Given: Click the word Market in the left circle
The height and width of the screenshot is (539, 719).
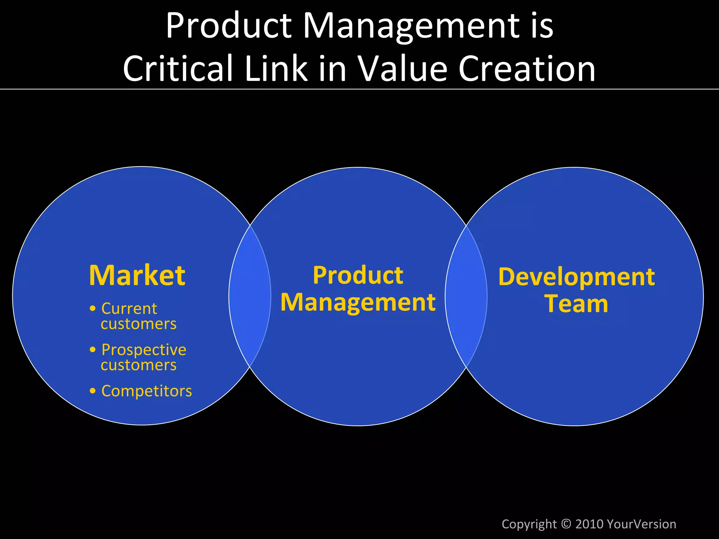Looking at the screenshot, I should (x=137, y=275).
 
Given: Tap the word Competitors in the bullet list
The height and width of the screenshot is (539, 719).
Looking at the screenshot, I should (x=146, y=391).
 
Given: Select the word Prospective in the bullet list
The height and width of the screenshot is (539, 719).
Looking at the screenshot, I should (x=144, y=350).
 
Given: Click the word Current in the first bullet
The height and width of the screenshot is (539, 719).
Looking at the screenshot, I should (x=129, y=309).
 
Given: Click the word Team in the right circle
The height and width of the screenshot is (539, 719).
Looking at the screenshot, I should (x=576, y=304).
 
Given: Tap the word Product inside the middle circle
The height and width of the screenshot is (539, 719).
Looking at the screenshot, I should (x=358, y=275).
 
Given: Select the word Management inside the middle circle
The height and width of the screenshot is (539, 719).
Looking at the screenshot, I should (x=358, y=303).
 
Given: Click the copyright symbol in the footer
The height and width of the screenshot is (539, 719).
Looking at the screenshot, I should (x=566, y=524).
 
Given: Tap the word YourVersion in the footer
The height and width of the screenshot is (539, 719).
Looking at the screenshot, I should (x=641, y=524).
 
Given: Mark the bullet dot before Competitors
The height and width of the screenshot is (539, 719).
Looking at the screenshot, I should (x=93, y=391).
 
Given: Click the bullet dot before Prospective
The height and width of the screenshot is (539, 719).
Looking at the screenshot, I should (x=93, y=350).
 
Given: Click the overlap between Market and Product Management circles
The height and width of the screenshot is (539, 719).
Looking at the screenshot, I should (x=250, y=296).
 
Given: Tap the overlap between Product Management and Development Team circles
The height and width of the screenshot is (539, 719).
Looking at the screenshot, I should (x=466, y=296).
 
